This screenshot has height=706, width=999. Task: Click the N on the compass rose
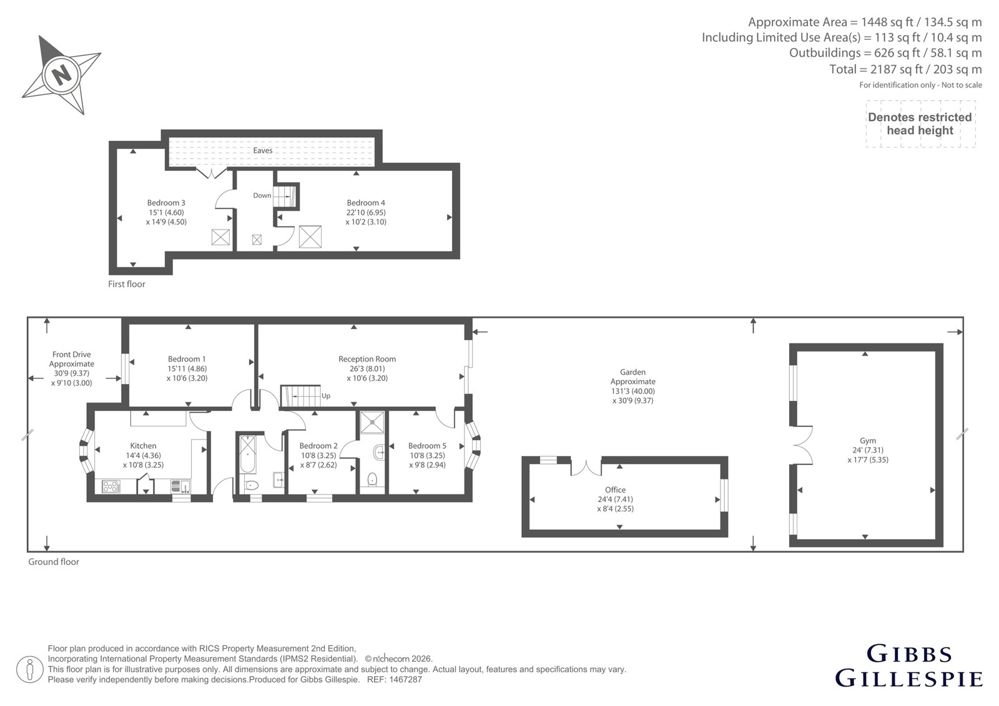[62, 74]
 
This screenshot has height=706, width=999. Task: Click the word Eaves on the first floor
[263, 150]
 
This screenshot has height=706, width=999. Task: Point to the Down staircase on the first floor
[285, 196]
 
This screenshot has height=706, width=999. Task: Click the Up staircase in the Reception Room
[300, 396]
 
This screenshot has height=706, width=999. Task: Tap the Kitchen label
[143, 446]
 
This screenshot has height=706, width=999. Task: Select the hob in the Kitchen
[111, 486]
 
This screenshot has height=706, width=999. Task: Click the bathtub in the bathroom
[248, 454]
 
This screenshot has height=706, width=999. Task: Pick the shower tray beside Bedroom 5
[372, 422]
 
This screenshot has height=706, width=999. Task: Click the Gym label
[868, 441]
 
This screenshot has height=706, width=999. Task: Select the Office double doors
[586, 468]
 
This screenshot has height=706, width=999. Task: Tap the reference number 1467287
[405, 680]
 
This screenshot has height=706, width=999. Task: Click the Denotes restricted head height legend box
[920, 124]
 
